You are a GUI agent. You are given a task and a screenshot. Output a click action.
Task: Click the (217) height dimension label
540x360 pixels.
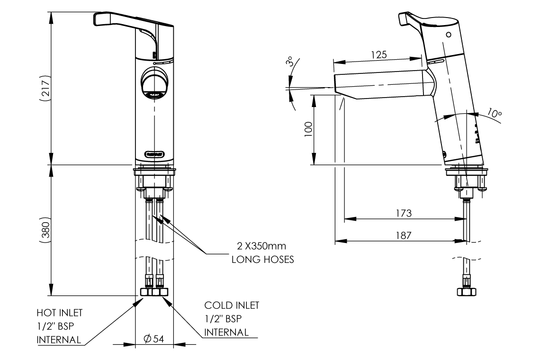pos(45,88)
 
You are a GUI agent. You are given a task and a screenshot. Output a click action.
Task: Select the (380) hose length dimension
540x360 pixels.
pos(45,230)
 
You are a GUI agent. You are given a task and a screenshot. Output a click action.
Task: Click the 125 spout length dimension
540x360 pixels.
pos(378,54)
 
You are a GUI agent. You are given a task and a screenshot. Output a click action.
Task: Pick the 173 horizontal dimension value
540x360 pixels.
pos(403,213)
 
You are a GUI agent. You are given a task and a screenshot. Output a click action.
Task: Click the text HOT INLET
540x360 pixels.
pos(59,313)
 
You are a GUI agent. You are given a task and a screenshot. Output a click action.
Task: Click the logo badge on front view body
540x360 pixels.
pos(154,153)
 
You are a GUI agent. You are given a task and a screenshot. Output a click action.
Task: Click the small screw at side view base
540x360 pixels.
pos(445,153)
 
